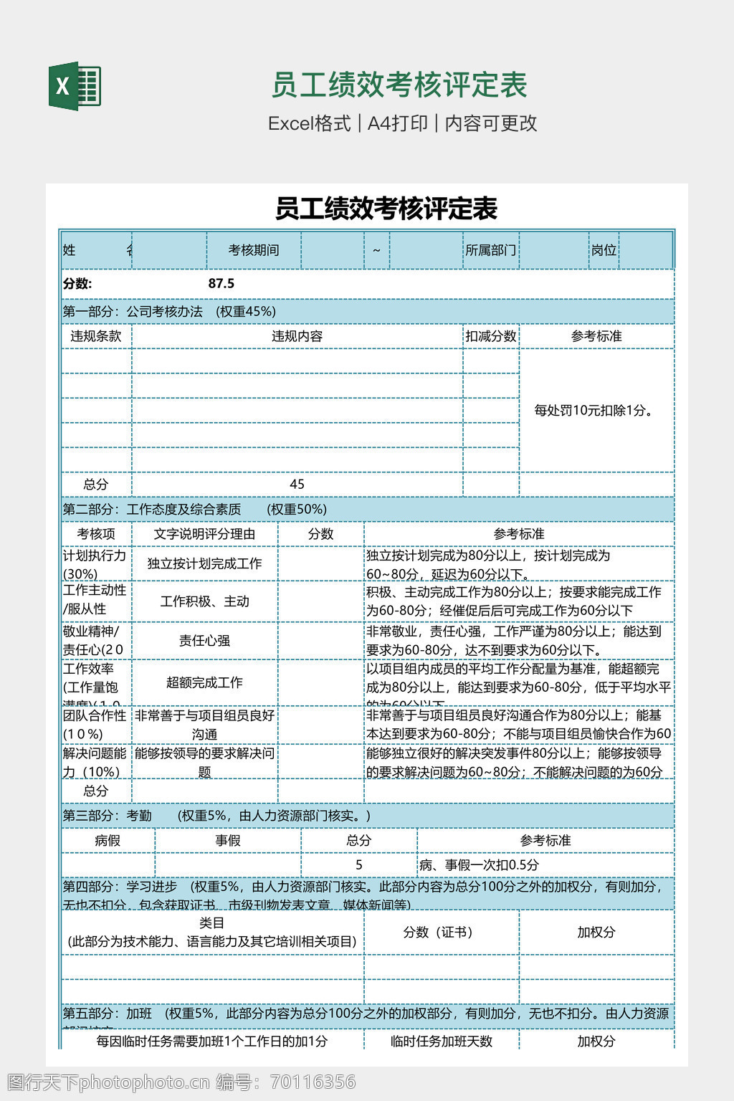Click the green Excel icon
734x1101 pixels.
(75, 86)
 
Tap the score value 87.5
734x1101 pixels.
(221, 283)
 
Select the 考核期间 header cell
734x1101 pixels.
(253, 250)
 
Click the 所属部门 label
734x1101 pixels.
(490, 250)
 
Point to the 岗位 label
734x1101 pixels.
(604, 250)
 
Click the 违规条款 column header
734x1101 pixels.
(96, 336)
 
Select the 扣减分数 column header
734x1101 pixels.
(490, 336)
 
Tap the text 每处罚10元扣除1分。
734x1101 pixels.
(596, 410)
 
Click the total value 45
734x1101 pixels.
(297, 485)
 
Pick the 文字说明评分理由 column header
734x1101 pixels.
(204, 534)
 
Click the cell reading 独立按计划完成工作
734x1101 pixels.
(204, 563)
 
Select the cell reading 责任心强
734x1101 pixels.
(204, 640)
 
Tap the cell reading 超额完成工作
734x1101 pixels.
(204, 682)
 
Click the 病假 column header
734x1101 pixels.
(108, 840)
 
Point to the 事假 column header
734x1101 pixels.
(228, 840)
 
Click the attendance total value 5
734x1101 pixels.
(358, 865)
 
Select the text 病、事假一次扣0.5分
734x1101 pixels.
(479, 865)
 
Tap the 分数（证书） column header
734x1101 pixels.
(437, 932)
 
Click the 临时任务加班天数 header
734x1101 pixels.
(442, 1042)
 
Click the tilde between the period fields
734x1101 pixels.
(376, 250)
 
